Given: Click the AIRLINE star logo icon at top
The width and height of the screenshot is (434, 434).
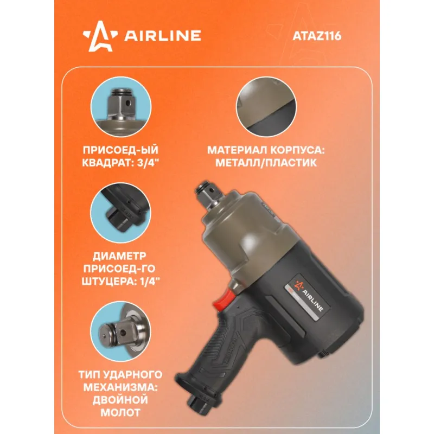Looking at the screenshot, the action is (x=100, y=36).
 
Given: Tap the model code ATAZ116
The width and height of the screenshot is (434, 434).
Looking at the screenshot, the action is (x=317, y=36).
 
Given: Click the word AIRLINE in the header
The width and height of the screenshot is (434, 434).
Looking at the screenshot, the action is (x=163, y=36).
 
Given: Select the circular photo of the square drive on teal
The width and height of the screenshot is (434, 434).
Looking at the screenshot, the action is (x=120, y=107).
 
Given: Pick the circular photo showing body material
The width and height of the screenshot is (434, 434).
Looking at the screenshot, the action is (x=266, y=107).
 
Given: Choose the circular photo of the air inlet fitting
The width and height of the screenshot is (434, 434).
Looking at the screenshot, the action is (x=120, y=213).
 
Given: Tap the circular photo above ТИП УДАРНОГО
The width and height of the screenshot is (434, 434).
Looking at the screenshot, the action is (x=120, y=331).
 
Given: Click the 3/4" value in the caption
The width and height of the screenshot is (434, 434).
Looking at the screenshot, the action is (x=149, y=163).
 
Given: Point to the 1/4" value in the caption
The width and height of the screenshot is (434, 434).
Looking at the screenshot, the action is (x=149, y=281).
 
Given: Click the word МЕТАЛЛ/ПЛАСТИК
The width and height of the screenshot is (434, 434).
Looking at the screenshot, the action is (x=266, y=163).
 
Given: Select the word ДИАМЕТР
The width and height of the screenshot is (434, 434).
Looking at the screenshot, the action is (x=119, y=256).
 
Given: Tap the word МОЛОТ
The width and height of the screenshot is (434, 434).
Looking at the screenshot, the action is (x=120, y=412).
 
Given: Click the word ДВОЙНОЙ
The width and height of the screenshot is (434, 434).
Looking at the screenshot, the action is (x=120, y=400).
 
